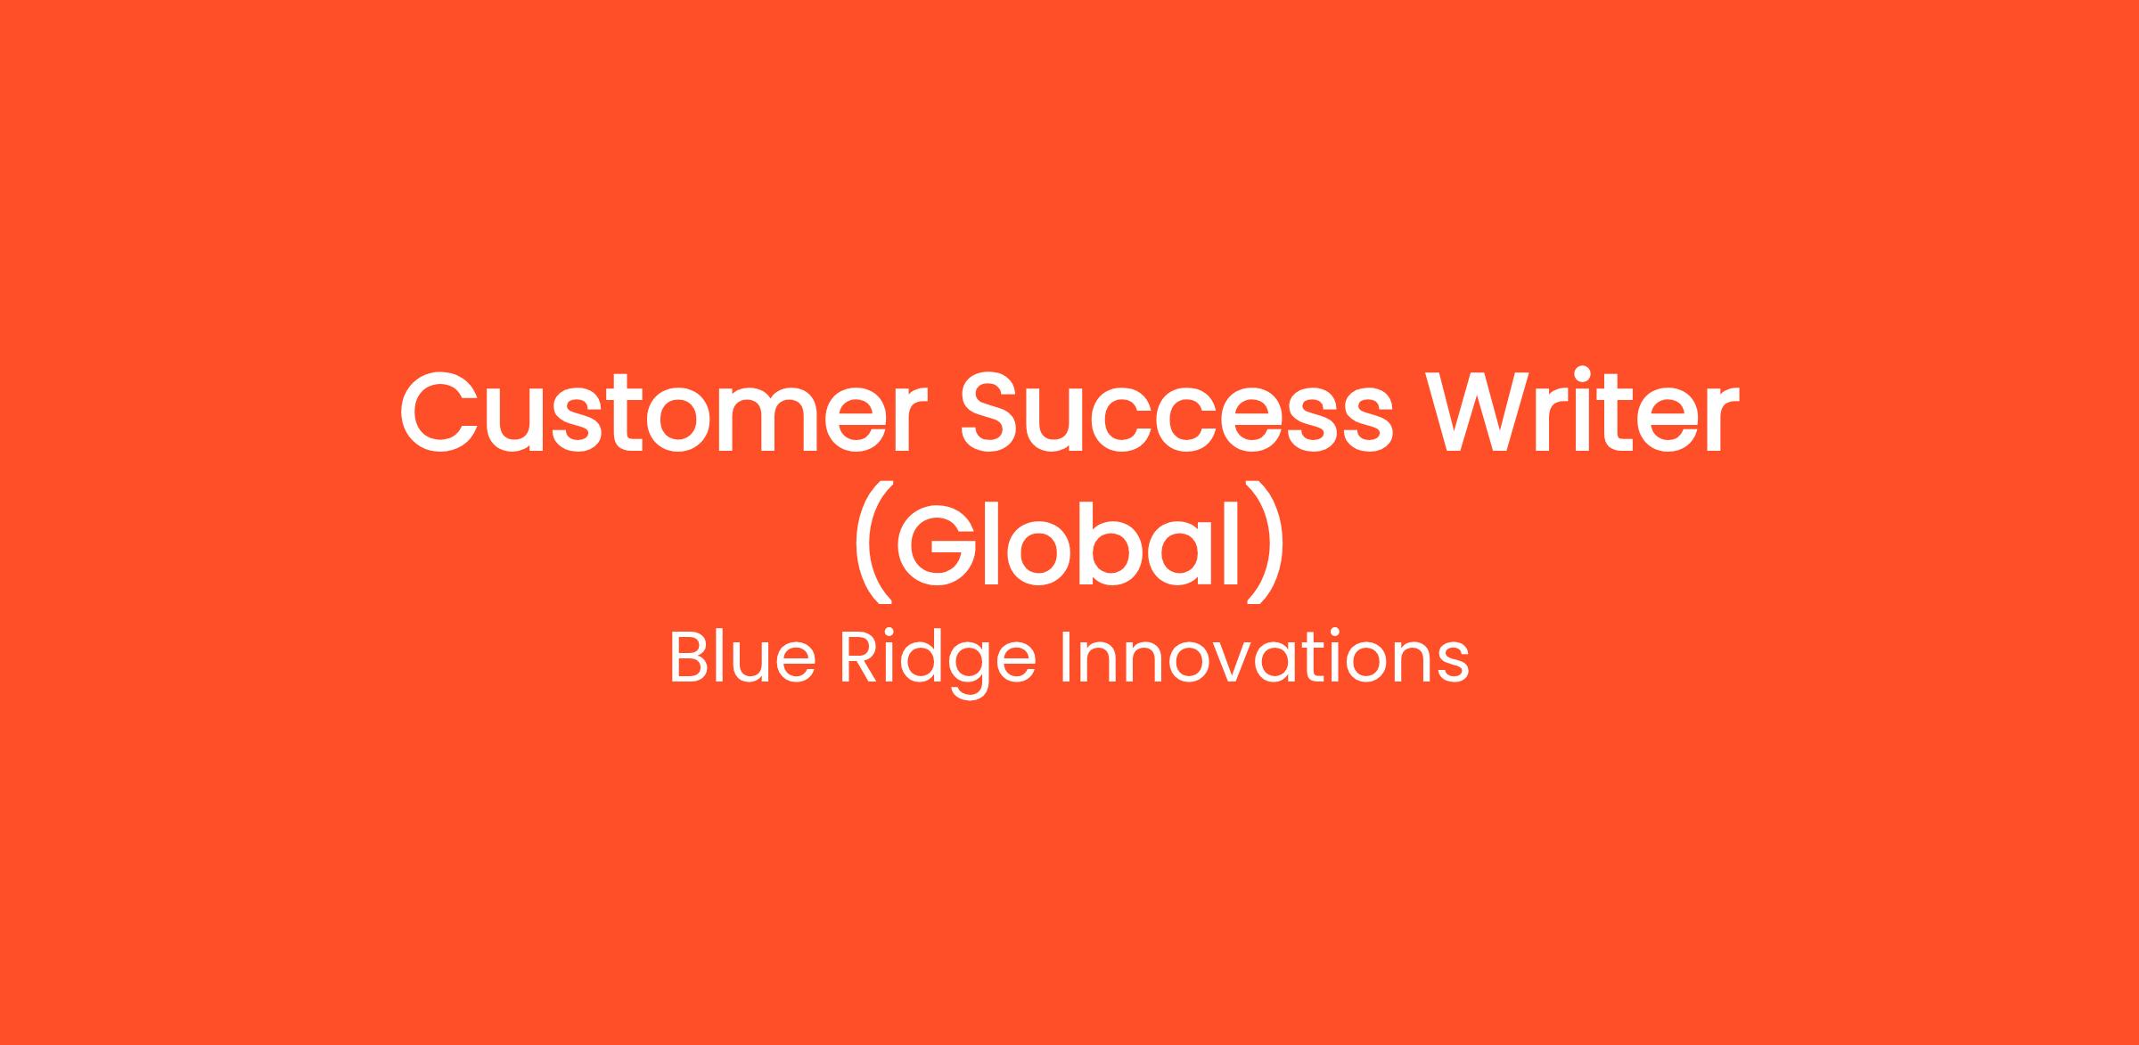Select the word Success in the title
click(1176, 412)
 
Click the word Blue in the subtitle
click(742, 658)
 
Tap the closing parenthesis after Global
click(1266, 543)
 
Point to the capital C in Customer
click(438, 412)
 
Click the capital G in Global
click(936, 543)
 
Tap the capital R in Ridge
click(859, 658)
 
